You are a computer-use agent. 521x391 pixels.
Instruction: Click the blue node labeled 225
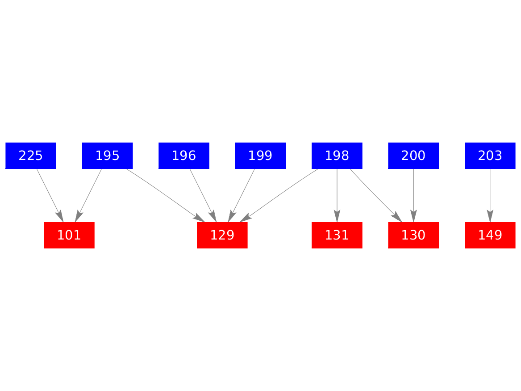pos(31,156)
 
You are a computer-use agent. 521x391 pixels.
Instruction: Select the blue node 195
pos(107,156)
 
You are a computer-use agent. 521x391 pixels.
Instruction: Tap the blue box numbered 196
pos(184,156)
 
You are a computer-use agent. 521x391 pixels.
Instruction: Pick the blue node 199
pos(261,156)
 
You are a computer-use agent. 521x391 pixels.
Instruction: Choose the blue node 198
pos(337,156)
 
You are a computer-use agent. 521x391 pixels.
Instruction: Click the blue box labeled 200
pos(413,156)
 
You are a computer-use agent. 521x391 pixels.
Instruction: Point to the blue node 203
pos(490,156)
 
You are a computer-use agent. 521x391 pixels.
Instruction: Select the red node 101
pos(69,235)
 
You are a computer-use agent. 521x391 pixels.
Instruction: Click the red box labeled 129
pos(222,235)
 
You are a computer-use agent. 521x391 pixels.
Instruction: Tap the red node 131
pos(337,235)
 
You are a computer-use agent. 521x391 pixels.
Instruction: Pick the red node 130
pos(413,235)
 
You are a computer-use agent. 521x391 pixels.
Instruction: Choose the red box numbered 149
pos(490,235)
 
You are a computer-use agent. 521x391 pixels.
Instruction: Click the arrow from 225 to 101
pos(50,196)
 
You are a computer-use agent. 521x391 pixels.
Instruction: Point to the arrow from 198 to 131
pos(337,196)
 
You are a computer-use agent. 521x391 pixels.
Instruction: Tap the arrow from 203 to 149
pos(490,196)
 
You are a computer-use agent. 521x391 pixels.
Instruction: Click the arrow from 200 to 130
pos(413,196)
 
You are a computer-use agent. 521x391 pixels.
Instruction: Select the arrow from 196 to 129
pos(203,196)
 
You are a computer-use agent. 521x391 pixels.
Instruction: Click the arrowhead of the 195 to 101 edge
pos(78,216)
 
